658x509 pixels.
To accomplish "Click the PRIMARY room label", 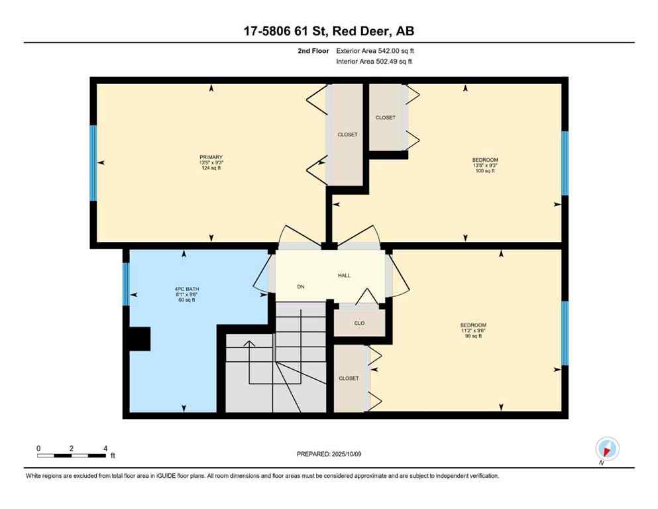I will point(210,157).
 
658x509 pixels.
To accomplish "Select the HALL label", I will point(344,275).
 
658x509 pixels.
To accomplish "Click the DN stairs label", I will point(300,287).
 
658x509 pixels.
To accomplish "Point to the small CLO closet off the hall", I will point(358,323).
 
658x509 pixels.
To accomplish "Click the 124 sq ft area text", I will point(210,168).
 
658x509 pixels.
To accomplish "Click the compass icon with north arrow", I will point(607,448).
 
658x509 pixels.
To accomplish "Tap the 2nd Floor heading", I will point(313,50).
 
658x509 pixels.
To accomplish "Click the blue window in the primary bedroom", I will point(93,162).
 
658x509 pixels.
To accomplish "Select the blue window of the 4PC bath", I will point(126,284).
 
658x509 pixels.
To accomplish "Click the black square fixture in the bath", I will point(139,339).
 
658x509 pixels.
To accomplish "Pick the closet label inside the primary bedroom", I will point(347,135).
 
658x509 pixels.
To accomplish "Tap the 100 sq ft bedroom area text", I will point(484,171).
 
